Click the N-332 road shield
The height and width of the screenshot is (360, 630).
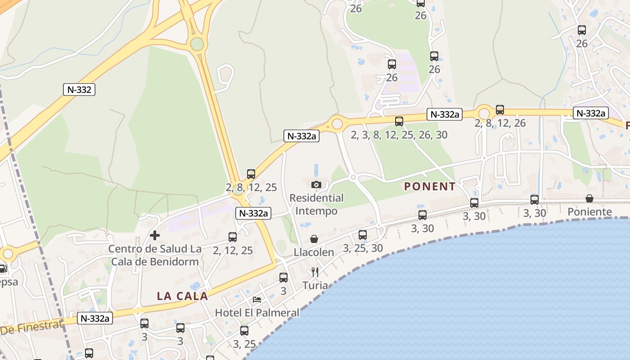coord(79,90)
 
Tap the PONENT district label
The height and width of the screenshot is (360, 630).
coord(430,186)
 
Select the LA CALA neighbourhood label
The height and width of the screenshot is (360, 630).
coord(182,296)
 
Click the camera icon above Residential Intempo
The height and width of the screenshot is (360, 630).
coord(316,184)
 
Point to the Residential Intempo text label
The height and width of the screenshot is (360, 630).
coord(316,204)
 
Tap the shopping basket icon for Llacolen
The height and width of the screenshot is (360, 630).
coord(314,239)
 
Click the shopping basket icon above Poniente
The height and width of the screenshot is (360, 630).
coord(589,198)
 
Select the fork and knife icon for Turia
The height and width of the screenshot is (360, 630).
coord(315,272)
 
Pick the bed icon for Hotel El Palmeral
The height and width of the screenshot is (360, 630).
coord(257,299)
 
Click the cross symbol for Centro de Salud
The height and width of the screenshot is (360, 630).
coord(155,235)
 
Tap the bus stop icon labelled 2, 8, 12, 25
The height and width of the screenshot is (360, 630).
coord(251,174)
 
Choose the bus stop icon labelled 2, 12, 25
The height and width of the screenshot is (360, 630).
coord(233,237)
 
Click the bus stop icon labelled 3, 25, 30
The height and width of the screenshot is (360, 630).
coord(363,235)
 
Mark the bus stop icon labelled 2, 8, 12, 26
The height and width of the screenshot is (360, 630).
coord(500,110)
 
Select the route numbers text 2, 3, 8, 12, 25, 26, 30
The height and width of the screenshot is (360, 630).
coord(399,135)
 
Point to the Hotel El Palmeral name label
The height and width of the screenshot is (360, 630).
coord(257,312)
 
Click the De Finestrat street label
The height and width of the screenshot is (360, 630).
coord(31,328)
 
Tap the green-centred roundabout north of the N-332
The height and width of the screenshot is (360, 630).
coord(197,44)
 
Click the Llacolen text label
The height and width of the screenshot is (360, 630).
coord(314,252)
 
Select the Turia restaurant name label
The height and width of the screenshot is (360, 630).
coord(315,285)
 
